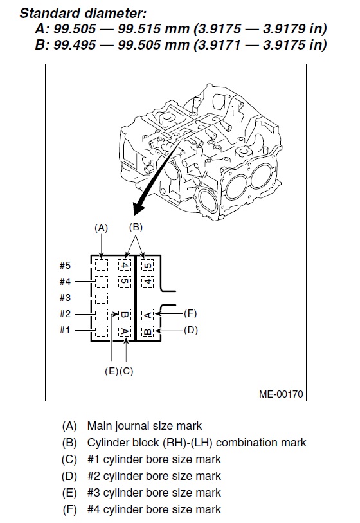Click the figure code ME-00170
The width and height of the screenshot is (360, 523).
pyautogui.click(x=281, y=394)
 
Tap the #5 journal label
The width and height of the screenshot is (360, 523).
pyautogui.click(x=65, y=266)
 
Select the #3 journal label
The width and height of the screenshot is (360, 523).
pyautogui.click(x=65, y=297)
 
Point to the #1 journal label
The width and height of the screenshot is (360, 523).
pyautogui.click(x=65, y=330)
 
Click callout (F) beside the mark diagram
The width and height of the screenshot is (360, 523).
pyautogui.click(x=190, y=313)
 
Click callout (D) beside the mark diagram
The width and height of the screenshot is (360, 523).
pyautogui.click(x=191, y=330)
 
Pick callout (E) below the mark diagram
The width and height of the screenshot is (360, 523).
pyautogui.click(x=111, y=371)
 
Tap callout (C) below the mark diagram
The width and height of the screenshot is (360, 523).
pyautogui.click(x=126, y=371)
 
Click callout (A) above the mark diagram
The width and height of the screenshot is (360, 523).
pyautogui.click(x=102, y=228)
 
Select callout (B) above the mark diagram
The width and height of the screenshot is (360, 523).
pyautogui.click(x=136, y=227)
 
